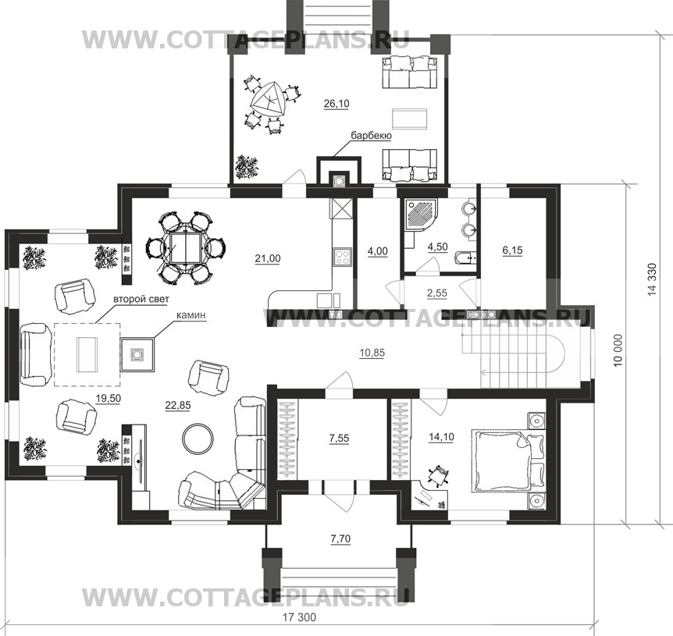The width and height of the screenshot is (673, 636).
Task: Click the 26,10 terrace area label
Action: [336, 104]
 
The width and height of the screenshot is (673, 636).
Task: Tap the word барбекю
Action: [372, 136]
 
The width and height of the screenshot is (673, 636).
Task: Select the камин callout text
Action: [191, 314]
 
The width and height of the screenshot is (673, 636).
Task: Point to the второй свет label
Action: [141, 299]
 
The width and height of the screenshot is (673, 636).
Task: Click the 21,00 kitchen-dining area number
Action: [268, 258]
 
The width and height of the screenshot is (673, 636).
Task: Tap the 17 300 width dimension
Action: [300, 617]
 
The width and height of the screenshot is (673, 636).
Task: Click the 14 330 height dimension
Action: [653, 279]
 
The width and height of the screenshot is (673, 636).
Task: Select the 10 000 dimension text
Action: [618, 350]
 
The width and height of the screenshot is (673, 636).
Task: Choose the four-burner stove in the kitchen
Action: [342, 257]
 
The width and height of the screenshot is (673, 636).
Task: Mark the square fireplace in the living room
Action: [137, 354]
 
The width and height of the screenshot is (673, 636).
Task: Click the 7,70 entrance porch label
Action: [340, 538]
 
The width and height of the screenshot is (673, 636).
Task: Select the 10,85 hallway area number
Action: [372, 353]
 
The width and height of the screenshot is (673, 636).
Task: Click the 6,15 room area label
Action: [512, 250]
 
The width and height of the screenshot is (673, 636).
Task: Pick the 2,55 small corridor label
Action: [437, 293]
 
